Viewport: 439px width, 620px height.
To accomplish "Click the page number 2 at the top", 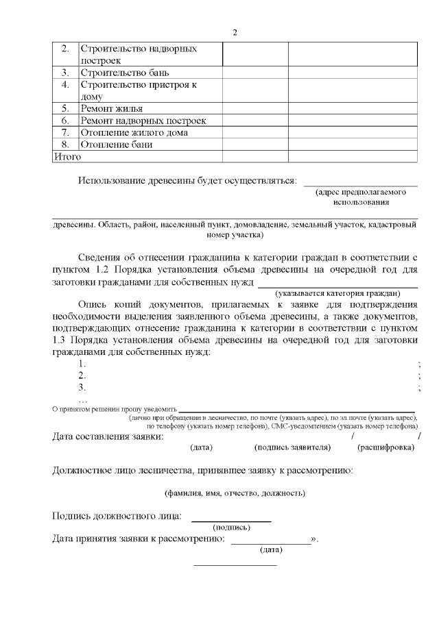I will (235, 33).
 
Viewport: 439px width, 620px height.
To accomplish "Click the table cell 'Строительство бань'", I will (125, 72).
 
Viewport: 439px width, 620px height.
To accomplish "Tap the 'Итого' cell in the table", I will (67, 157).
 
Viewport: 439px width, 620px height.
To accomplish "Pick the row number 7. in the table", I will (66, 132).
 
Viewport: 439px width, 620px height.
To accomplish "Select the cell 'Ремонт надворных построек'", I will (143, 121).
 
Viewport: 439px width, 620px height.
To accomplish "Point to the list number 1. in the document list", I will (82, 364).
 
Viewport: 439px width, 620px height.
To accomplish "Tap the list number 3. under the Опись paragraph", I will (82, 388).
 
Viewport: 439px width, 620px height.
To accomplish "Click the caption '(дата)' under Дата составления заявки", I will (200, 448).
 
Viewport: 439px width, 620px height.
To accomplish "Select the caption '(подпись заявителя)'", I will (292, 448).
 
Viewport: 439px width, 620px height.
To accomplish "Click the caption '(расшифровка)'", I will (385, 448).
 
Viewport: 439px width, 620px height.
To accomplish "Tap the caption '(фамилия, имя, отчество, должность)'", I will (235, 493).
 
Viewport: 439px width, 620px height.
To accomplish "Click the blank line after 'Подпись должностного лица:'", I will (230, 521).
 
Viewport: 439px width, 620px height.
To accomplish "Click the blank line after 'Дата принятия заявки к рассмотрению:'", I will (271, 543).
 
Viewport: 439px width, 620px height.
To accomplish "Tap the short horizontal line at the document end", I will (235, 565).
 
